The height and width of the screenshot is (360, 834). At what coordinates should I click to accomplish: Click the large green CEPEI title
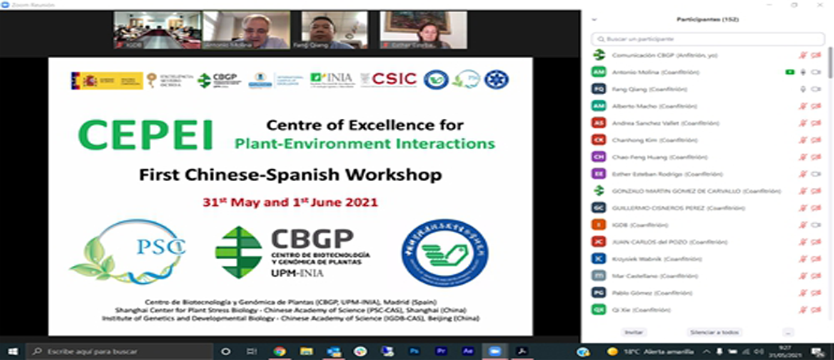pos(146,134)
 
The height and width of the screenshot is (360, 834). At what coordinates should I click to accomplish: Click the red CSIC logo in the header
pos(394,79)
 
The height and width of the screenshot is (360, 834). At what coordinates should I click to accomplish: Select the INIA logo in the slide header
pos(332,79)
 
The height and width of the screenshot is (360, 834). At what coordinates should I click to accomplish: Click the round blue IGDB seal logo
pos(444,252)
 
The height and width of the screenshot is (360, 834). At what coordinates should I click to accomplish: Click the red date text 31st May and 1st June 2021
pos(290,202)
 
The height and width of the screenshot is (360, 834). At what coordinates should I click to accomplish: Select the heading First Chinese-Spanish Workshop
pos(290,175)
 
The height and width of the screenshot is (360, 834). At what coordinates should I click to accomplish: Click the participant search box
pos(708,39)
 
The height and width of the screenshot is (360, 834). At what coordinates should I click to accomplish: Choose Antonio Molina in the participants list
pos(647,72)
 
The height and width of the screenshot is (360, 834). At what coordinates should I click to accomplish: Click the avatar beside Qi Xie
pos(598,310)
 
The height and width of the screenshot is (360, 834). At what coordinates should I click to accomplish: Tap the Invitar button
pos(634,332)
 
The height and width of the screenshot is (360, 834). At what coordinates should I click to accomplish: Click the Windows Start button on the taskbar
pos(12,351)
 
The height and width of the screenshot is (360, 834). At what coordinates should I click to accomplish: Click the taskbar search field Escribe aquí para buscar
pos(120,351)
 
